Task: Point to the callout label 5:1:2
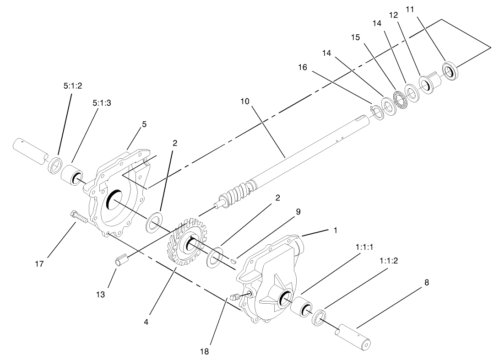tap(72, 86)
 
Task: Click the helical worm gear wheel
tap(188, 242)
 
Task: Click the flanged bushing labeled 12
tap(429, 84)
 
